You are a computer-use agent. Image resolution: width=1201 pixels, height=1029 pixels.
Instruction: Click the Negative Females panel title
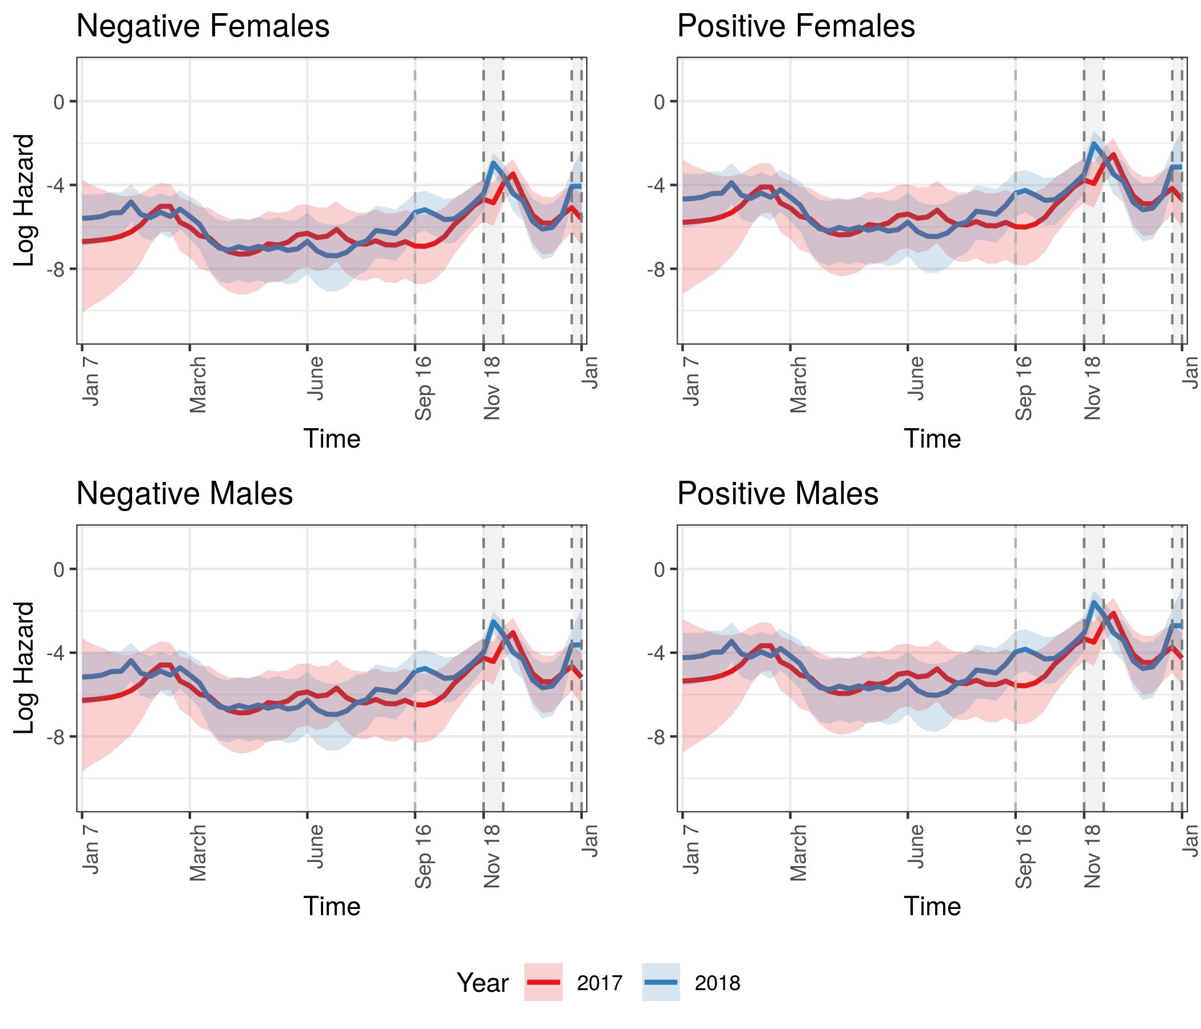pyautogui.click(x=203, y=27)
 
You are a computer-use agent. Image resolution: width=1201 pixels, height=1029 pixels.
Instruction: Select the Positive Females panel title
pyautogui.click(x=796, y=27)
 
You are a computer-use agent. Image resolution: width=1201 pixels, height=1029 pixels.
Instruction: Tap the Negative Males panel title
pyautogui.click(x=184, y=494)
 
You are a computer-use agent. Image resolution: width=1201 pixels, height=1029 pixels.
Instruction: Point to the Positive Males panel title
pyautogui.click(x=777, y=494)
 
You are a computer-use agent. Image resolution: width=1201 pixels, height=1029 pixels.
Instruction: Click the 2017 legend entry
pyautogui.click(x=599, y=983)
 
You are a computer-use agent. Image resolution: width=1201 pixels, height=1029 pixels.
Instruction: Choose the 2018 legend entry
pyautogui.click(x=718, y=983)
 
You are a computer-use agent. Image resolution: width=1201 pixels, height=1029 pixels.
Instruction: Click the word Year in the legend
pyautogui.click(x=482, y=983)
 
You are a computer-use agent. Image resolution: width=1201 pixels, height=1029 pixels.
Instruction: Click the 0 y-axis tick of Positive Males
pyautogui.click(x=658, y=569)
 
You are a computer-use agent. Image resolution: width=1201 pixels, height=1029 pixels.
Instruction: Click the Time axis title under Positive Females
pyautogui.click(x=932, y=438)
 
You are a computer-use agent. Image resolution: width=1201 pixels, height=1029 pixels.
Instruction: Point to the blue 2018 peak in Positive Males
pyautogui.click(x=1093, y=603)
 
